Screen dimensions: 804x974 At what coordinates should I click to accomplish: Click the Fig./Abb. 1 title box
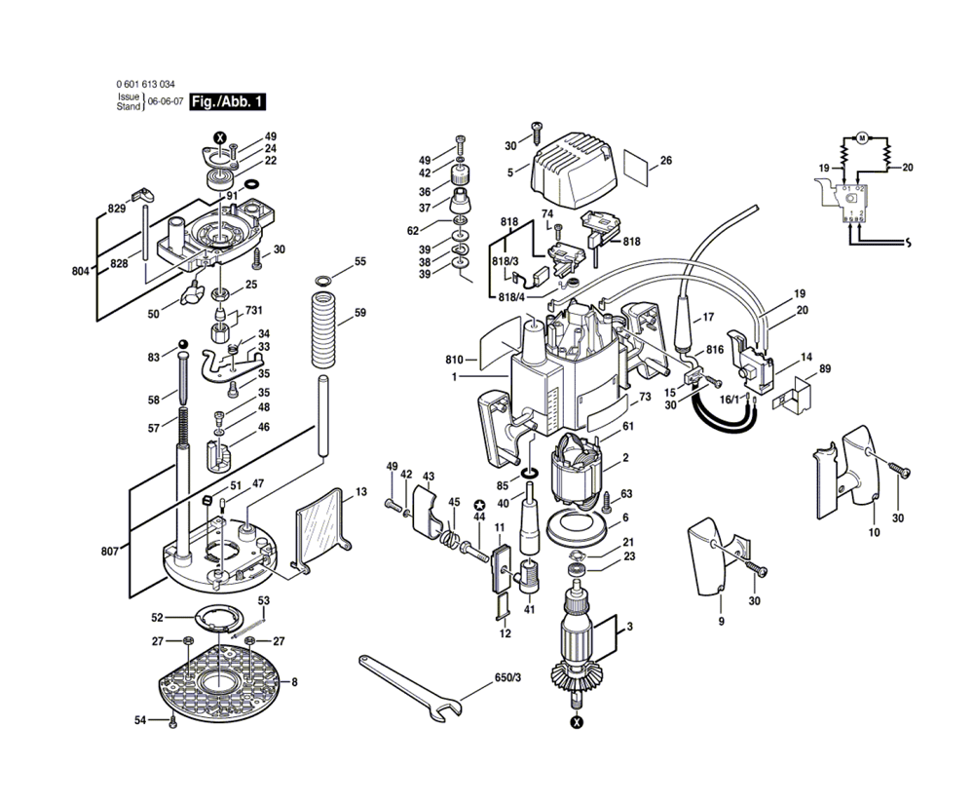(x=226, y=101)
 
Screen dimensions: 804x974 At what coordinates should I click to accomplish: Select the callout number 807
(x=109, y=552)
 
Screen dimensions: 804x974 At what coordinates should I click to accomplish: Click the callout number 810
(x=455, y=359)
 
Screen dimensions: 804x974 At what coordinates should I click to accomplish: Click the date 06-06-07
(x=166, y=101)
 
